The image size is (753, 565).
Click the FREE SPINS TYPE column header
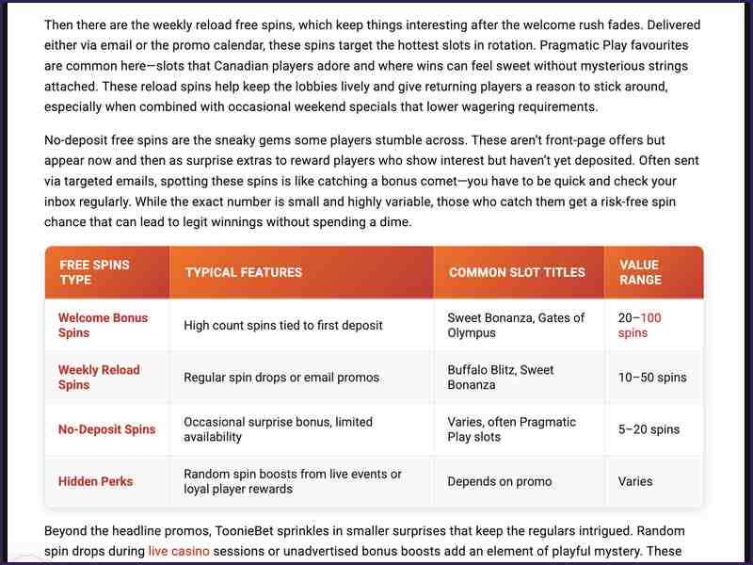(x=94, y=272)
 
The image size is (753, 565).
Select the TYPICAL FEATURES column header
(x=244, y=272)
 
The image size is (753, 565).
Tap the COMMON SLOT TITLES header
(x=517, y=272)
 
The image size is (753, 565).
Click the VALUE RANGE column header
(x=640, y=272)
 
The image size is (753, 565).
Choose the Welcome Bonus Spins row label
(x=103, y=325)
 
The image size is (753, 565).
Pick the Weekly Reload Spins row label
(x=99, y=378)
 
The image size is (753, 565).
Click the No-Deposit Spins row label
(x=106, y=429)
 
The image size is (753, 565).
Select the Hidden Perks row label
(x=95, y=481)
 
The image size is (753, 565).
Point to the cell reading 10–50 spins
(x=652, y=378)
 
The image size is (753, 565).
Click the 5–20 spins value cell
(x=649, y=429)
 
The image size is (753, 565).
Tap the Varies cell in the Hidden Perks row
(x=635, y=481)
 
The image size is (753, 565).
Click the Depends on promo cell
(x=500, y=481)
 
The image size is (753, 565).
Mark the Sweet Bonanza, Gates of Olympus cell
(x=516, y=325)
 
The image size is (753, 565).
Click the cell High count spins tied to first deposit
(x=283, y=326)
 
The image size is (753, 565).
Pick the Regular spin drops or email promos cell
(x=281, y=378)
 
